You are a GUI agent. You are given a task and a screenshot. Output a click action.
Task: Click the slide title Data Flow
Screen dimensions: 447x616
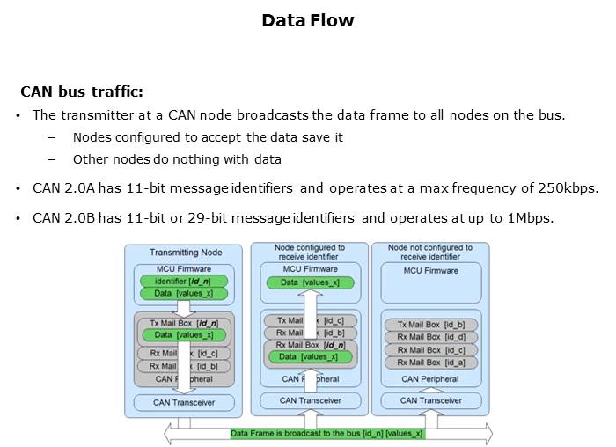click(307, 20)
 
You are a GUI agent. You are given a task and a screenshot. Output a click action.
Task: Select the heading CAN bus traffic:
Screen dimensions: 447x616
click(82, 92)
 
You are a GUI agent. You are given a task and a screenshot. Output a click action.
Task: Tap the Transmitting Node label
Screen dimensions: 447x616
click(186, 253)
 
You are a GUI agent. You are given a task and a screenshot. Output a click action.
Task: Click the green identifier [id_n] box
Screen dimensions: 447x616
click(183, 281)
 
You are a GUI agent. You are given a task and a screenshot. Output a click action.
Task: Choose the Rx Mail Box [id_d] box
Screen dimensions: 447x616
click(431, 337)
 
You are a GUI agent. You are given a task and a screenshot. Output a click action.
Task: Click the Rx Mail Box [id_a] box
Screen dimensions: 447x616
click(431, 362)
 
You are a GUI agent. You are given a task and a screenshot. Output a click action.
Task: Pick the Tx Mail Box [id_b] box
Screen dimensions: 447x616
click(431, 325)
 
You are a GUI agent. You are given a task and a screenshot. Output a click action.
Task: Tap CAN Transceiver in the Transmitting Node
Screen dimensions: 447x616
click(186, 402)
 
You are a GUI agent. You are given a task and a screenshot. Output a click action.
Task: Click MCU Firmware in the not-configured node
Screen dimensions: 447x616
click(431, 271)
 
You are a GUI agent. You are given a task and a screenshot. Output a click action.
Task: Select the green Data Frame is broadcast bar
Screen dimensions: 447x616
click(326, 434)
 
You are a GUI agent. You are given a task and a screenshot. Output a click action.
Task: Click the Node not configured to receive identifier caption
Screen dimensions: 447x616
click(430, 253)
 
